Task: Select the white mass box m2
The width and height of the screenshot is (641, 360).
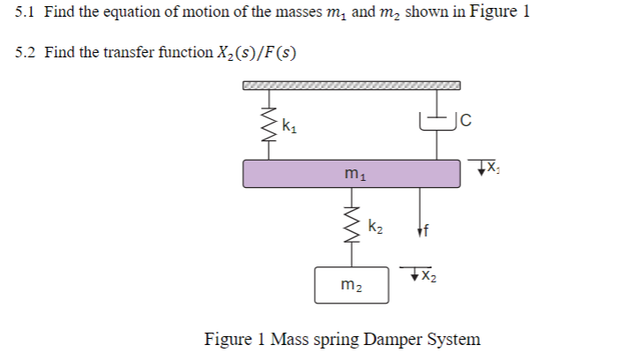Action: tap(352, 283)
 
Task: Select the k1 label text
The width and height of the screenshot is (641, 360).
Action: tap(287, 125)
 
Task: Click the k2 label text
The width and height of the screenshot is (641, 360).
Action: tap(375, 227)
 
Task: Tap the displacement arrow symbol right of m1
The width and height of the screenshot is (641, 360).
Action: tap(481, 165)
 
